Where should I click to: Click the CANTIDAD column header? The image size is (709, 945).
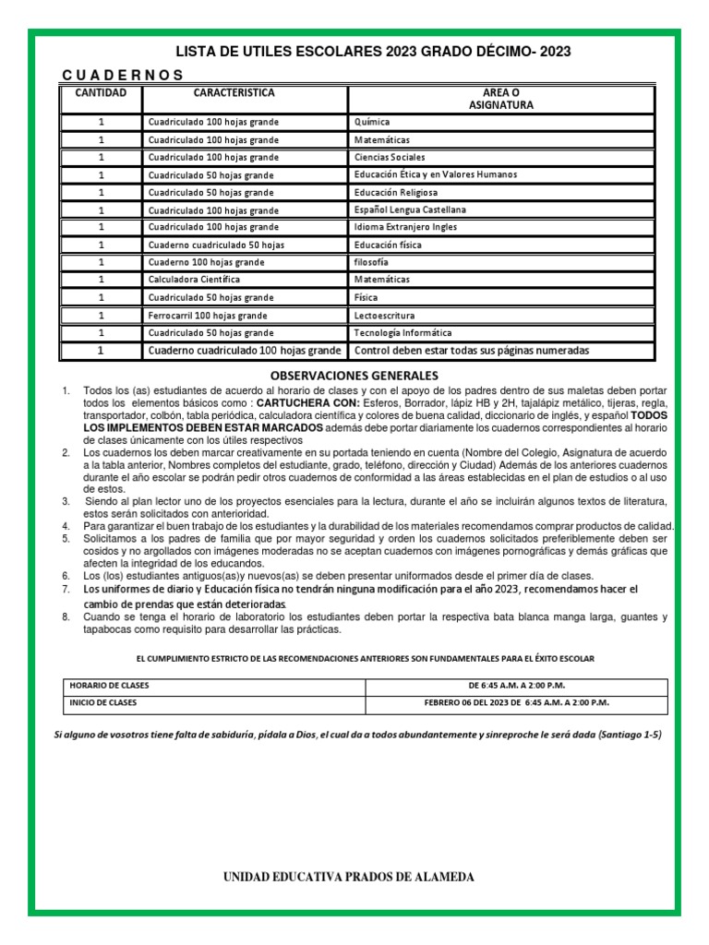pos(102,93)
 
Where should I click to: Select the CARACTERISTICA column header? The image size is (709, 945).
pos(234,93)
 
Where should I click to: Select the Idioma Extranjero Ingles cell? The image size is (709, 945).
pos(404,227)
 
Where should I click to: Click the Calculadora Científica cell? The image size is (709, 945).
pos(194,279)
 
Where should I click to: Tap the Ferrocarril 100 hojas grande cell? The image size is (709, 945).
pos(208,315)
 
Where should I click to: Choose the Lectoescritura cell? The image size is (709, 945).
pos(384,315)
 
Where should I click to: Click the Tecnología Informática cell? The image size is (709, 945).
pos(403,332)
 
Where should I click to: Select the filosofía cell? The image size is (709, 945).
pos(372,262)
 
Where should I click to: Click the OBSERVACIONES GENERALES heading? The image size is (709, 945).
pos(354,376)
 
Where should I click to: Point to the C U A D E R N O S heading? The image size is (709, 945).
pos(122,75)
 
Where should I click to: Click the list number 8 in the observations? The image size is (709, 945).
pos(66,616)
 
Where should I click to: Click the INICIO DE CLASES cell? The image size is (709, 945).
pos(105,702)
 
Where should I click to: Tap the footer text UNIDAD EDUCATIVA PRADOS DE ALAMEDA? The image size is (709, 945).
pos(350,877)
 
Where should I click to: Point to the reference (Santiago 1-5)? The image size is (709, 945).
pos(630,735)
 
